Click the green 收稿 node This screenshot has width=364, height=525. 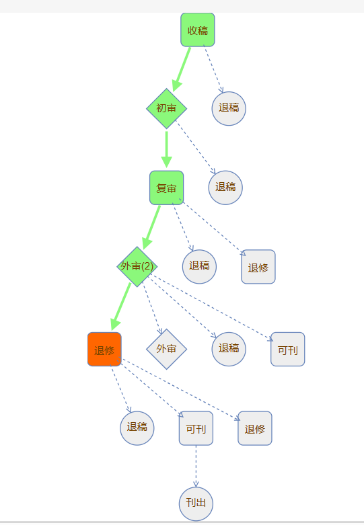(x=198, y=30)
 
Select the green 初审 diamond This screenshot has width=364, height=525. (x=167, y=108)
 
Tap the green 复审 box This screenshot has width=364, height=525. (x=167, y=188)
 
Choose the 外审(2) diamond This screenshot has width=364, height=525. (x=137, y=266)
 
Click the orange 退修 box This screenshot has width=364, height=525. (x=104, y=350)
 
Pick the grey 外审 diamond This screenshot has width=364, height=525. (x=167, y=350)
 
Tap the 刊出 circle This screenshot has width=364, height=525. (x=196, y=504)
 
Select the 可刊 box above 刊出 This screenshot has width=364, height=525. (x=196, y=428)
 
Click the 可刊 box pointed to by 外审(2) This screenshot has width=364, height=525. (x=288, y=350)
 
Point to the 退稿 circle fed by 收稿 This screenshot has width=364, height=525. (x=229, y=108)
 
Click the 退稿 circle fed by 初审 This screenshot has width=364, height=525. (x=225, y=188)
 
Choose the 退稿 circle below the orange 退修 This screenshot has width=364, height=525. (x=137, y=428)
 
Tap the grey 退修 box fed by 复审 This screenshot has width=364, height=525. (x=258, y=267)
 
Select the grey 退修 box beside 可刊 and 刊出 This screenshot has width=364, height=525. (x=255, y=428)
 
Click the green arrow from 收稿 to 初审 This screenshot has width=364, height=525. (x=182, y=69)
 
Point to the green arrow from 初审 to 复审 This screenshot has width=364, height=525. (x=167, y=149)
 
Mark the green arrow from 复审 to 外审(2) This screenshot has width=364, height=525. (x=151, y=227)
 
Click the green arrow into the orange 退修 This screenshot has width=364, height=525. (x=120, y=307)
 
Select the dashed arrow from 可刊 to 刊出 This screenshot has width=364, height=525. (x=196, y=466)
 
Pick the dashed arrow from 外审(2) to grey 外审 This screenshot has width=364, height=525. (x=153, y=309)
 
